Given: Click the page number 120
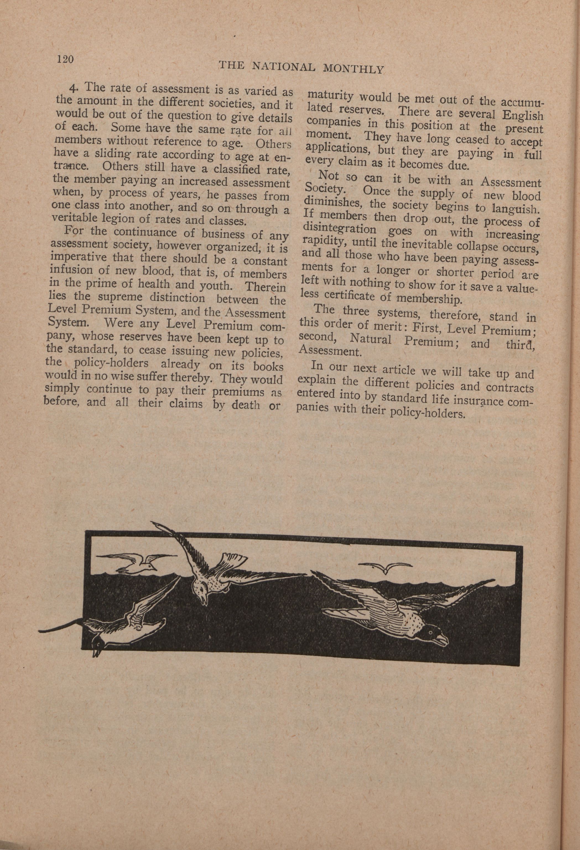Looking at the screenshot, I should (66, 59).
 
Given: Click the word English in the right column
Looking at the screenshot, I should (522, 116).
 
